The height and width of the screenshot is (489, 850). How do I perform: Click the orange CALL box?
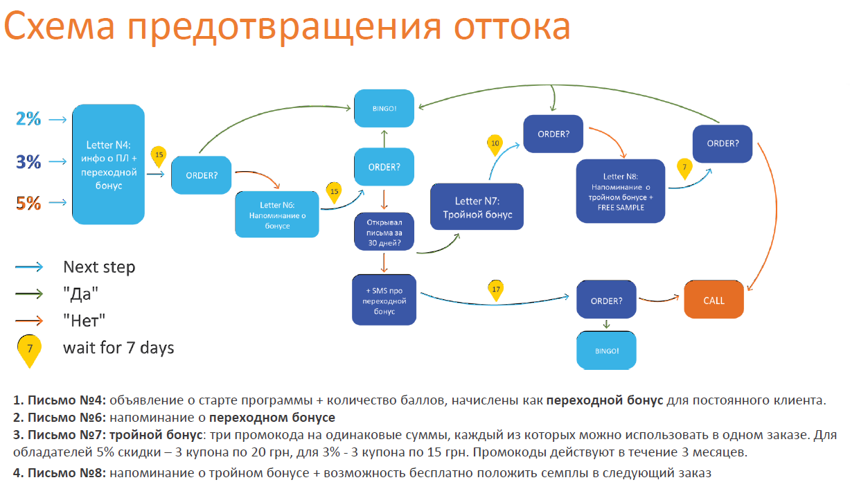click(714, 301)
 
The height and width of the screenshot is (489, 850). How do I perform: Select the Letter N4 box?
click(108, 164)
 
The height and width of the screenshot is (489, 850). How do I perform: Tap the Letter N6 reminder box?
click(277, 215)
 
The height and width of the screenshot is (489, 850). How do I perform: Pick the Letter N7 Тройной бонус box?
click(477, 207)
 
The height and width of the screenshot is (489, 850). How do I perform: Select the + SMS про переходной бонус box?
click(384, 301)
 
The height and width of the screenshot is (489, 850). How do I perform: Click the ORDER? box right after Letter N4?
click(202, 175)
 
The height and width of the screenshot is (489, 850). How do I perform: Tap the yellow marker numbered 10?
click(495, 144)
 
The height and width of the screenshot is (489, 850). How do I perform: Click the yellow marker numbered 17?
click(496, 290)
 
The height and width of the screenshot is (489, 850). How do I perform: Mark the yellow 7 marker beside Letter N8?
click(684, 168)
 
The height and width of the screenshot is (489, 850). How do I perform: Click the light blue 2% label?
click(28, 119)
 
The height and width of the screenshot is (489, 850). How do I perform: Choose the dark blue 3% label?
click(28, 162)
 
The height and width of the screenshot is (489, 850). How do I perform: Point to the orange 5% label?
click(28, 204)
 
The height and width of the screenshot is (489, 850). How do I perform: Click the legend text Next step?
click(99, 267)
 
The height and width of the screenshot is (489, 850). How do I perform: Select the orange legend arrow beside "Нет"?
click(28, 320)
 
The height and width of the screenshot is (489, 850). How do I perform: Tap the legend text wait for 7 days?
click(118, 347)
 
